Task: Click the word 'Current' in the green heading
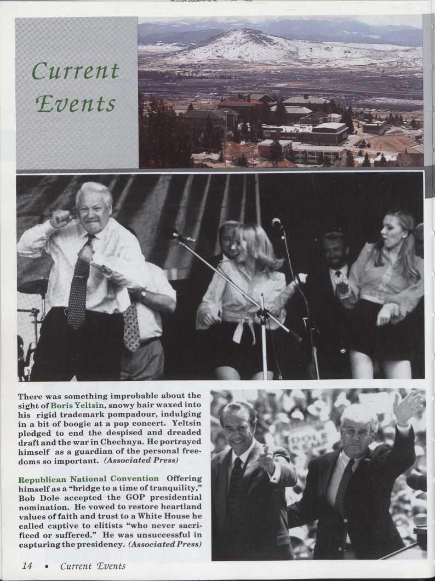pyautogui.click(x=75, y=71)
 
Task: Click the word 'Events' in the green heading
pyautogui.click(x=76, y=104)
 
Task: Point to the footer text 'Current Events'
pyautogui.click(x=93, y=566)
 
